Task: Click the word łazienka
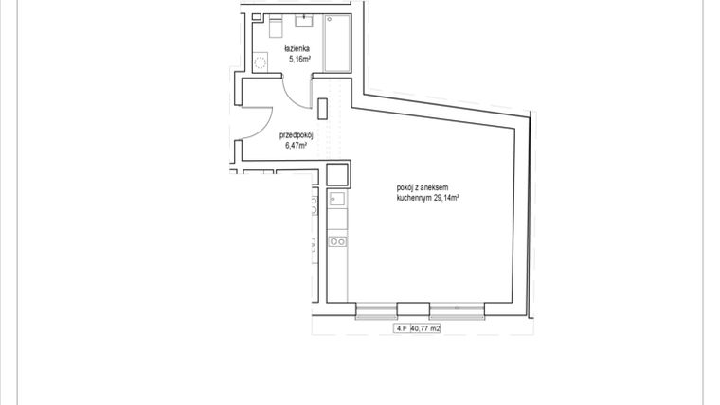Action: click(296, 47)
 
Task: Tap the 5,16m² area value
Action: click(299, 57)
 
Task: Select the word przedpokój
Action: click(297, 135)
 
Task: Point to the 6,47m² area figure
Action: click(297, 146)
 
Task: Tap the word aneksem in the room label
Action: click(441, 189)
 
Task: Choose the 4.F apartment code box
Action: click(403, 329)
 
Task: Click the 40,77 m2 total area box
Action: click(426, 329)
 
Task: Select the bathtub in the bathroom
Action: click(339, 43)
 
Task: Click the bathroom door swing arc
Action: click(294, 91)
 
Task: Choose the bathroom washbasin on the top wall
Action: click(308, 21)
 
